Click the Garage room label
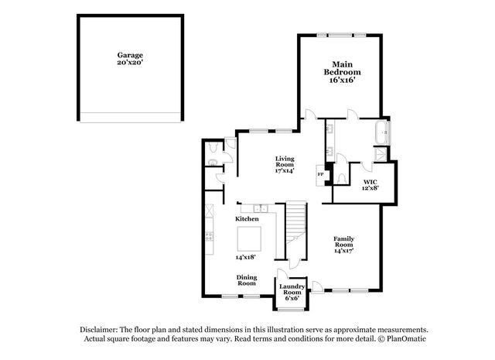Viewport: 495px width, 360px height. point(130,55)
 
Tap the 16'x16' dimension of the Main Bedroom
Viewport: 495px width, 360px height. point(343,80)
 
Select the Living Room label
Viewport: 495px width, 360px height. point(285,162)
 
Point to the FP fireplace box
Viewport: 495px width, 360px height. point(321,176)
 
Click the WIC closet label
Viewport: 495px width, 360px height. point(370,182)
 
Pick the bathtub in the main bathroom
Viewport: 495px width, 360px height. point(382,132)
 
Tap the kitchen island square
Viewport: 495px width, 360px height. point(249,239)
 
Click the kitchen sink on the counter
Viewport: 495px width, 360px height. point(261,208)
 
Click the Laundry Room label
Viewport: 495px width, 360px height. point(292,290)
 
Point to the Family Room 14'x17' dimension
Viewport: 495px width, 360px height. point(343,251)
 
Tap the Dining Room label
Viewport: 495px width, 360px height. point(247,280)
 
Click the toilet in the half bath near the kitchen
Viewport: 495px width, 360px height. point(213,146)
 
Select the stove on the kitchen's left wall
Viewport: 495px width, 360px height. point(210,236)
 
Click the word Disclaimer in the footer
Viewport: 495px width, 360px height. point(99,330)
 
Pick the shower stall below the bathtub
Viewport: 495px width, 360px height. point(380,154)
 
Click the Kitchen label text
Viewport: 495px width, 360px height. point(247,219)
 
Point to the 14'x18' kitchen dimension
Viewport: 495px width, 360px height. point(245,257)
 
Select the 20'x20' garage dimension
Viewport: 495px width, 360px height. point(130,63)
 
